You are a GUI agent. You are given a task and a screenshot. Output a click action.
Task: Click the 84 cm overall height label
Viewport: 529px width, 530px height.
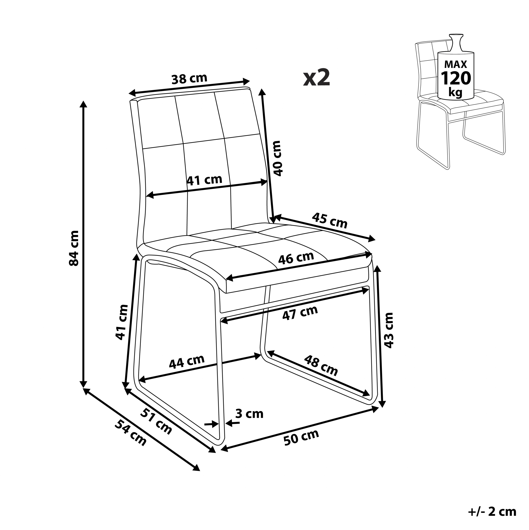(x=74, y=248)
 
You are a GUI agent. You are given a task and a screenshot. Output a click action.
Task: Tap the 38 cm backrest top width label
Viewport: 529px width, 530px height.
(x=189, y=79)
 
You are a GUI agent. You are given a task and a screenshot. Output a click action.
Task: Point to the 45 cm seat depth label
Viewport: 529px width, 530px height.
(x=330, y=220)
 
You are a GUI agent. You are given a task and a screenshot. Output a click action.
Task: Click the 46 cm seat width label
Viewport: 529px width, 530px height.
(x=296, y=258)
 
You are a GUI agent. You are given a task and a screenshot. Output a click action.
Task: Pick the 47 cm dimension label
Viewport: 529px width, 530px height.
(x=300, y=313)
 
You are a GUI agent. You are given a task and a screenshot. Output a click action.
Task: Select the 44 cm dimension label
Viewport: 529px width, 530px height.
(x=186, y=362)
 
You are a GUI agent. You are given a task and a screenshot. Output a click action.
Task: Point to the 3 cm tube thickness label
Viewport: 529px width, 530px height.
(x=249, y=414)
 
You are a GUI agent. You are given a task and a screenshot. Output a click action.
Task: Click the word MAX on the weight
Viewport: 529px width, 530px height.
(x=456, y=64)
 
